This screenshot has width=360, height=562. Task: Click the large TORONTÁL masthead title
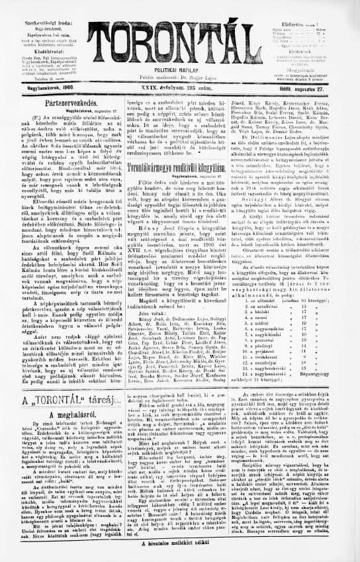(180, 40)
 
